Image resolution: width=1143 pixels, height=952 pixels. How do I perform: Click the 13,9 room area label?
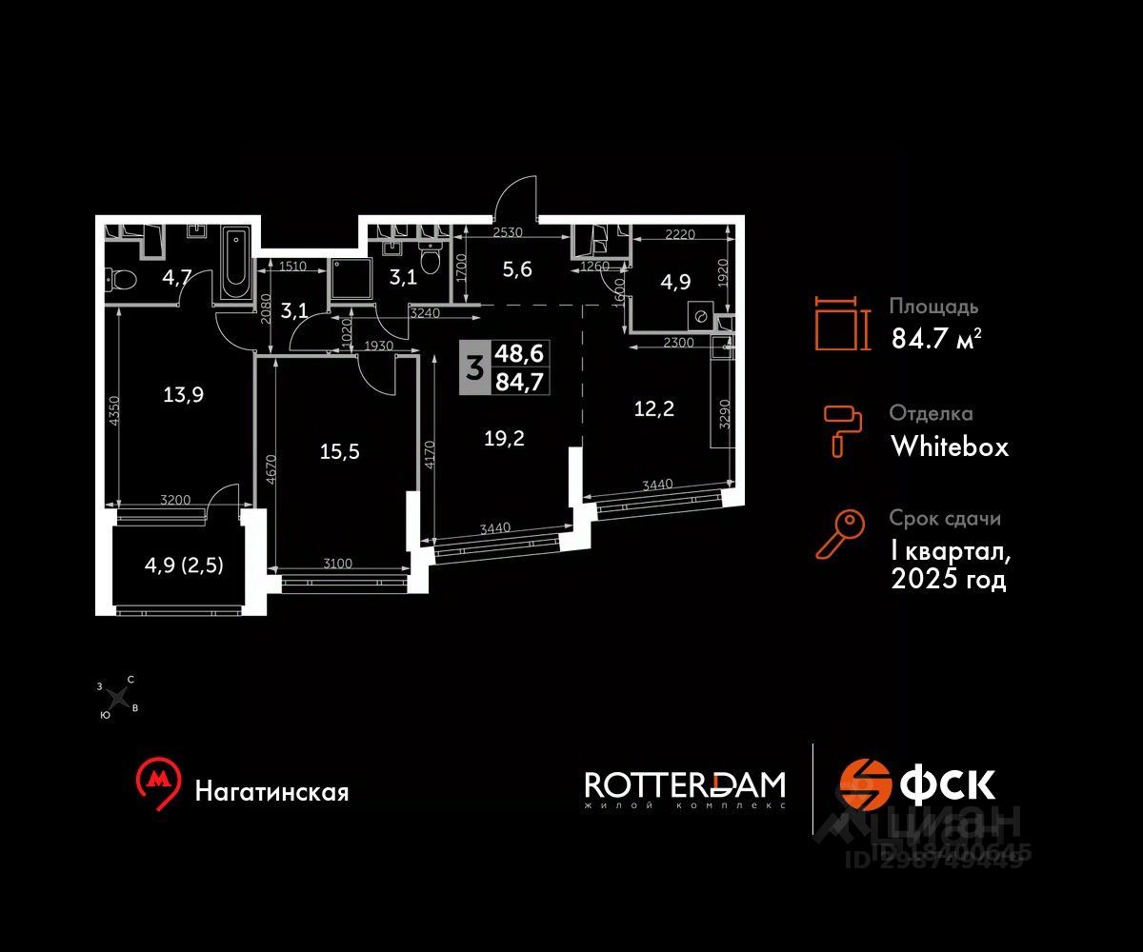[178, 393]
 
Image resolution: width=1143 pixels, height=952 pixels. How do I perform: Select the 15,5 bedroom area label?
[340, 451]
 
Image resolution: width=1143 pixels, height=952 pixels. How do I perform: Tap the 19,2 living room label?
[504, 438]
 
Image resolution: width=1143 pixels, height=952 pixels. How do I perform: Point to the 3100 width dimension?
[338, 564]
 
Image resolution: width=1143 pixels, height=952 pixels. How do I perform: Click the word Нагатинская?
[271, 791]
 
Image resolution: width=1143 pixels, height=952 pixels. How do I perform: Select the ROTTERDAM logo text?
[685, 784]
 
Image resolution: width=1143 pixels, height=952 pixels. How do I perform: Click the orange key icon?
[839, 534]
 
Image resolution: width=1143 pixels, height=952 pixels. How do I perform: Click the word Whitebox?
[949, 446]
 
